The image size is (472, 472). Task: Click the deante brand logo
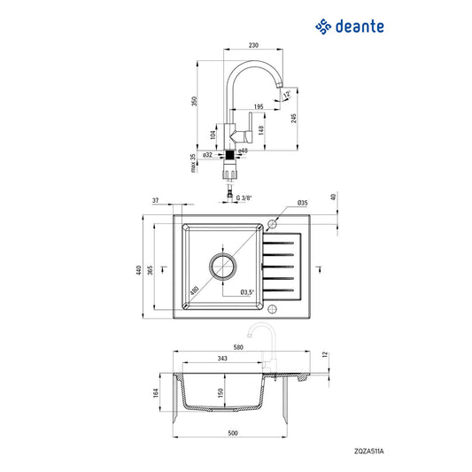click(351, 27)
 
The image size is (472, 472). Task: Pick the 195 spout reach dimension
click(258, 106)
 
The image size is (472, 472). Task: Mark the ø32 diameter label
click(205, 155)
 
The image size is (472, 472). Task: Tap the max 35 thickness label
click(194, 163)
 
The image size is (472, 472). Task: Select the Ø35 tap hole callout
click(302, 204)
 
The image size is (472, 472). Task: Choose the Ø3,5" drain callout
click(249, 291)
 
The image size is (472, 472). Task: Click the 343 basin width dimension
click(223, 359)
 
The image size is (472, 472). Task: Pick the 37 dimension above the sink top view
click(155, 202)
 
